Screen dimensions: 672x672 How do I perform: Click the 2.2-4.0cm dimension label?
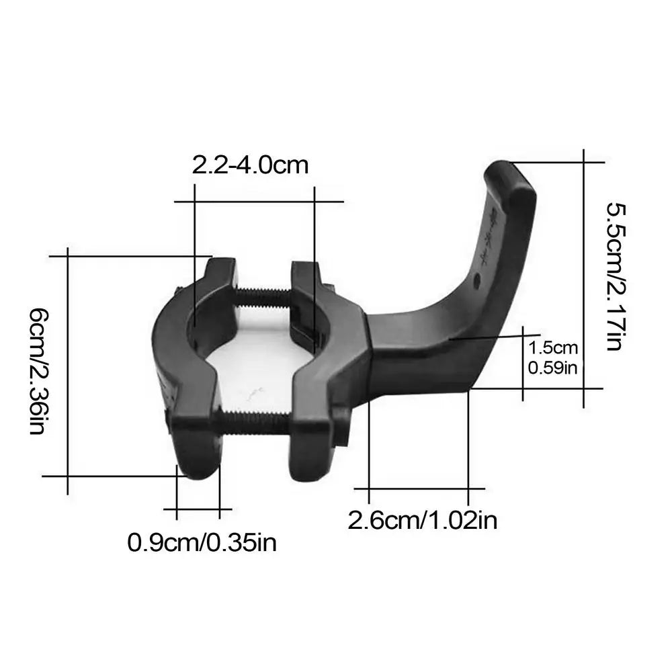click(x=250, y=165)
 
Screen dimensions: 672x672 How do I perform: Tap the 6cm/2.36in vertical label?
click(x=39, y=372)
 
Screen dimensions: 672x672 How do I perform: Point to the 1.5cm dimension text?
click(x=553, y=348)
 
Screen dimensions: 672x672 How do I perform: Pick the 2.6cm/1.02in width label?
click(x=422, y=519)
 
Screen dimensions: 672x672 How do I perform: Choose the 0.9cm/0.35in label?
click(x=202, y=542)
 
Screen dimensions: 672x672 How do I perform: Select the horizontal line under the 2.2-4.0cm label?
click(x=259, y=201)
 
